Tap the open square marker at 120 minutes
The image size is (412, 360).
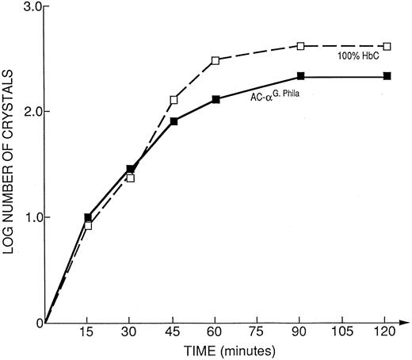tap(387, 46)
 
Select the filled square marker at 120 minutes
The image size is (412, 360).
tap(387, 76)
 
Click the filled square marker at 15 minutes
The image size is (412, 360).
tap(88, 217)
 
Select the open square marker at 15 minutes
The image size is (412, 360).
tap(88, 226)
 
